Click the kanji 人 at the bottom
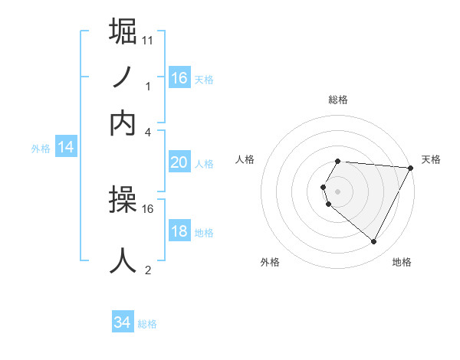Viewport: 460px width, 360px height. pyautogui.click(x=123, y=260)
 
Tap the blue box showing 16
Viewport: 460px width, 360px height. pyautogui.click(x=179, y=77)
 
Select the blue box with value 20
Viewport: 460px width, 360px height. pyautogui.click(x=179, y=162)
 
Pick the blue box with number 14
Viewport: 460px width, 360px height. pyautogui.click(x=66, y=148)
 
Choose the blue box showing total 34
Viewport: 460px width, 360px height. pyautogui.click(x=123, y=323)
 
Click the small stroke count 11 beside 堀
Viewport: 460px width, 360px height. pyautogui.click(x=147, y=39)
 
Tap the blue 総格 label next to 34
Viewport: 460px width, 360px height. pyautogui.click(x=148, y=324)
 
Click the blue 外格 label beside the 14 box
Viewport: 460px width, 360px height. pyautogui.click(x=40, y=149)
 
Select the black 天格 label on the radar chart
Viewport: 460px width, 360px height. pyautogui.click(x=432, y=159)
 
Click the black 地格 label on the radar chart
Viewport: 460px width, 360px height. pyautogui.click(x=402, y=262)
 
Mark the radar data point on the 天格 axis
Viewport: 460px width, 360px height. pyautogui.click(x=410, y=168)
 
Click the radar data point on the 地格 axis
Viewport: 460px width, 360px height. pyautogui.click(x=374, y=241)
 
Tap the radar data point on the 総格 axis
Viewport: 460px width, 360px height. pyautogui.click(x=338, y=161)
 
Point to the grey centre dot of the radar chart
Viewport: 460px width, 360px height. pyautogui.click(x=338, y=191)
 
